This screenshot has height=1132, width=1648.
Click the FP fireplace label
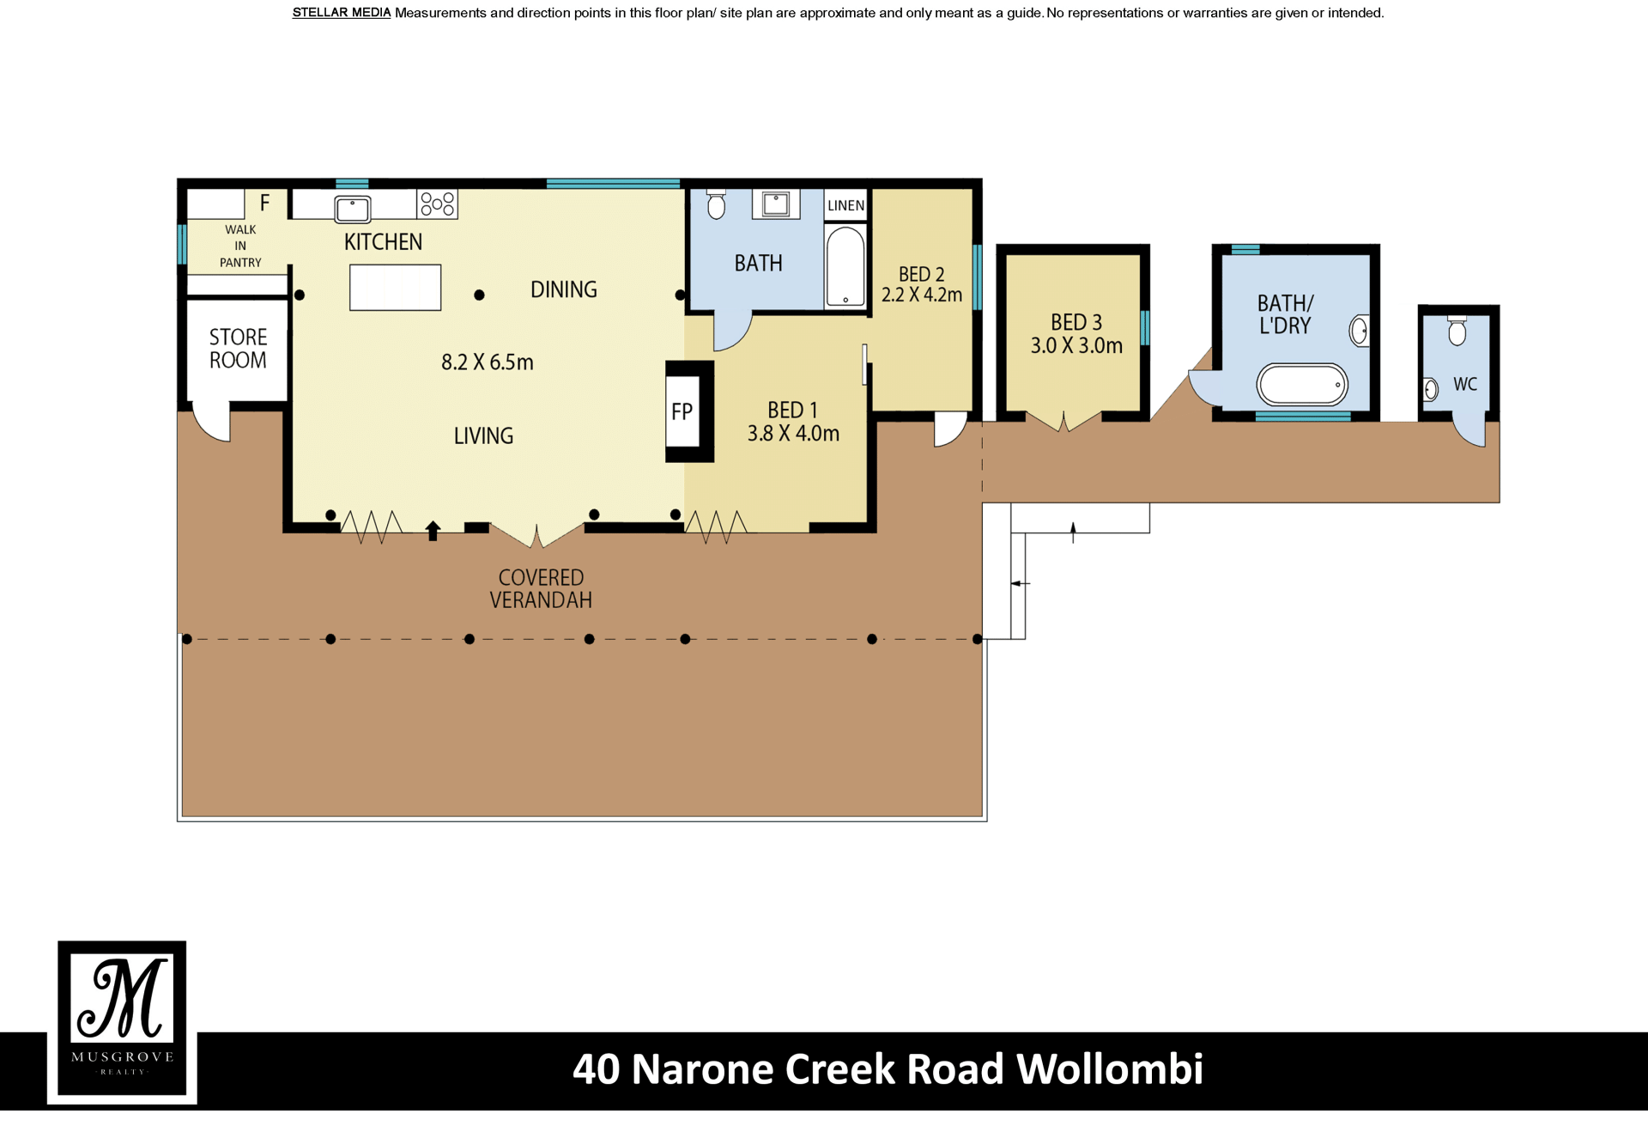[x=682, y=412]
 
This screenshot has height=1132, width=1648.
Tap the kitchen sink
[x=353, y=209]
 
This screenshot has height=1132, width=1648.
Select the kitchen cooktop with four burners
[x=438, y=204]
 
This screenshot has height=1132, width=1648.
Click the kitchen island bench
[x=396, y=287]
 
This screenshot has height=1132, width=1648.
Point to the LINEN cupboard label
[x=846, y=206]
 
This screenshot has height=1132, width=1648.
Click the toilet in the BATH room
[x=716, y=204]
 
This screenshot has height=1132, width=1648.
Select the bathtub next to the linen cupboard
[x=845, y=266]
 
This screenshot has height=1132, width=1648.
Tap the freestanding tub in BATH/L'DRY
[x=1302, y=384]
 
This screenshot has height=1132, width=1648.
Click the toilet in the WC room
[x=1457, y=331]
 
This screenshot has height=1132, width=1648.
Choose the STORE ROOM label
[x=239, y=349]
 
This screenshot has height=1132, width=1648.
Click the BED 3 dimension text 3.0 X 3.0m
[x=1076, y=346]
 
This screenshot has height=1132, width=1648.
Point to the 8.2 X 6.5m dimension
[x=488, y=362]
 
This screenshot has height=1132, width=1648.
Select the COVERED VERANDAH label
[x=542, y=589]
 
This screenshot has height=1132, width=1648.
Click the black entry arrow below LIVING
[x=433, y=531]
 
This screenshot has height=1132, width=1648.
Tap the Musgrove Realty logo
[x=122, y=1021]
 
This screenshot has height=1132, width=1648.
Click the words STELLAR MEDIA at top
[x=342, y=13]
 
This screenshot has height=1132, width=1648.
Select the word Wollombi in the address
[x=1110, y=1069]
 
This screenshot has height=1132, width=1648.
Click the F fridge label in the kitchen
[x=265, y=203]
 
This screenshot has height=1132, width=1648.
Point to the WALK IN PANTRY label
[x=240, y=246]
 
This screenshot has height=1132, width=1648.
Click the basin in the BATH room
[x=776, y=204]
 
